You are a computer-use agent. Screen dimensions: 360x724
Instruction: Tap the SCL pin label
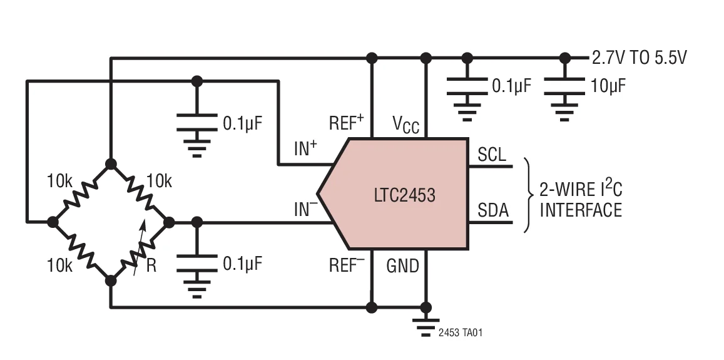492,154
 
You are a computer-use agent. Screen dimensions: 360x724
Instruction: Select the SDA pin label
492,211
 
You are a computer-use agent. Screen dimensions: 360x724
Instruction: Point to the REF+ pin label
346,123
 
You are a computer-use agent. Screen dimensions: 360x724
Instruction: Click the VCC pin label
406,124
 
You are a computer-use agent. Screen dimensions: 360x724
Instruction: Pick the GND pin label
402,266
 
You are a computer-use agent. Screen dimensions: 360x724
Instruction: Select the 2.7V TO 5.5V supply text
639,58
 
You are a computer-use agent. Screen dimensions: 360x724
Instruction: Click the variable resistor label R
151,265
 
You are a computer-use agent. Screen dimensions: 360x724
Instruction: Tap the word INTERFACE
581,210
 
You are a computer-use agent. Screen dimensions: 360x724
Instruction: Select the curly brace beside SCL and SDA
528,194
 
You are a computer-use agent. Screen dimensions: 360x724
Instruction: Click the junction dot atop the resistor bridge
111,164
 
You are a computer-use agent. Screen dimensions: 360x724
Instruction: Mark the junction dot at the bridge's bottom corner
111,280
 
